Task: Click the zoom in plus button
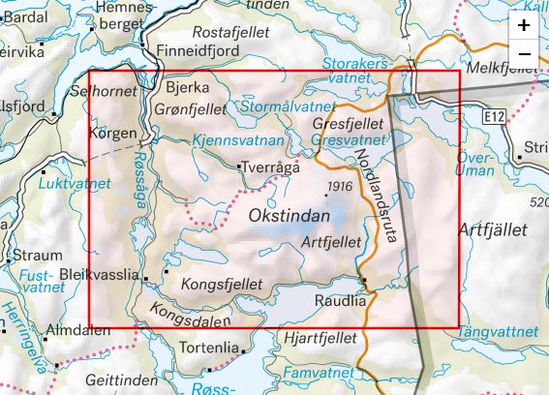(x=524, y=25)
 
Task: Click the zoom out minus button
(x=524, y=52)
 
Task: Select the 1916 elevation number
(x=339, y=187)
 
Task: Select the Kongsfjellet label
(x=222, y=284)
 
